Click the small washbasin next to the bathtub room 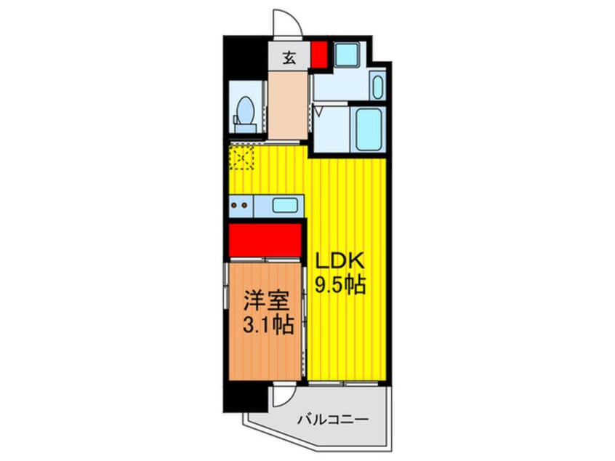click(377, 87)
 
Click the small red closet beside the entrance click(318, 56)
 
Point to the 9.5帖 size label click(339, 286)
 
